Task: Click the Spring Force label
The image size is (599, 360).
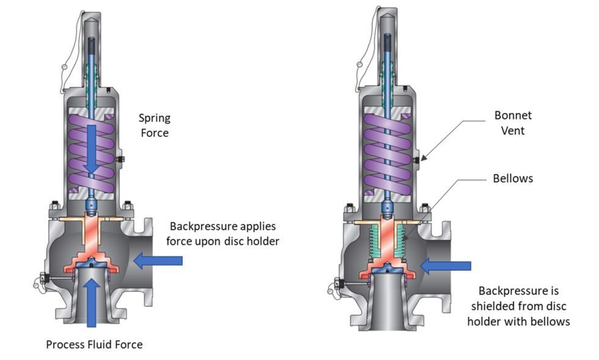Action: click(x=153, y=124)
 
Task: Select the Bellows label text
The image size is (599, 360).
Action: click(x=512, y=178)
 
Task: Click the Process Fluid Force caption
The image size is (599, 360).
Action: click(x=94, y=344)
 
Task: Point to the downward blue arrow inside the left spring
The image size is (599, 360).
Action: click(x=92, y=147)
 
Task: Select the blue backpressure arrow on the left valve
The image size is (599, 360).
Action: click(x=158, y=262)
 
